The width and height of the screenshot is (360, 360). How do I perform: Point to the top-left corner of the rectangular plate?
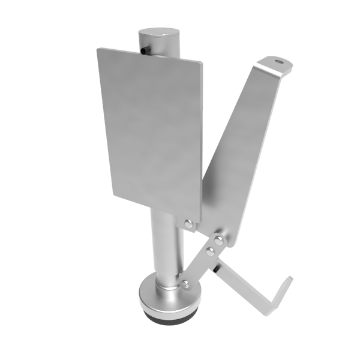tap(98, 50)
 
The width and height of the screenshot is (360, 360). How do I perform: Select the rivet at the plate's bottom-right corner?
tap(189, 224)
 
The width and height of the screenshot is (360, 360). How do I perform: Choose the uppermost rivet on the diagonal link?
tap(220, 240)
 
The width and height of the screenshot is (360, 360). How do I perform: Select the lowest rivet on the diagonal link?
tap(185, 283)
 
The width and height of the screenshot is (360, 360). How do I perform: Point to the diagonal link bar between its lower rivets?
tap(197, 266)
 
